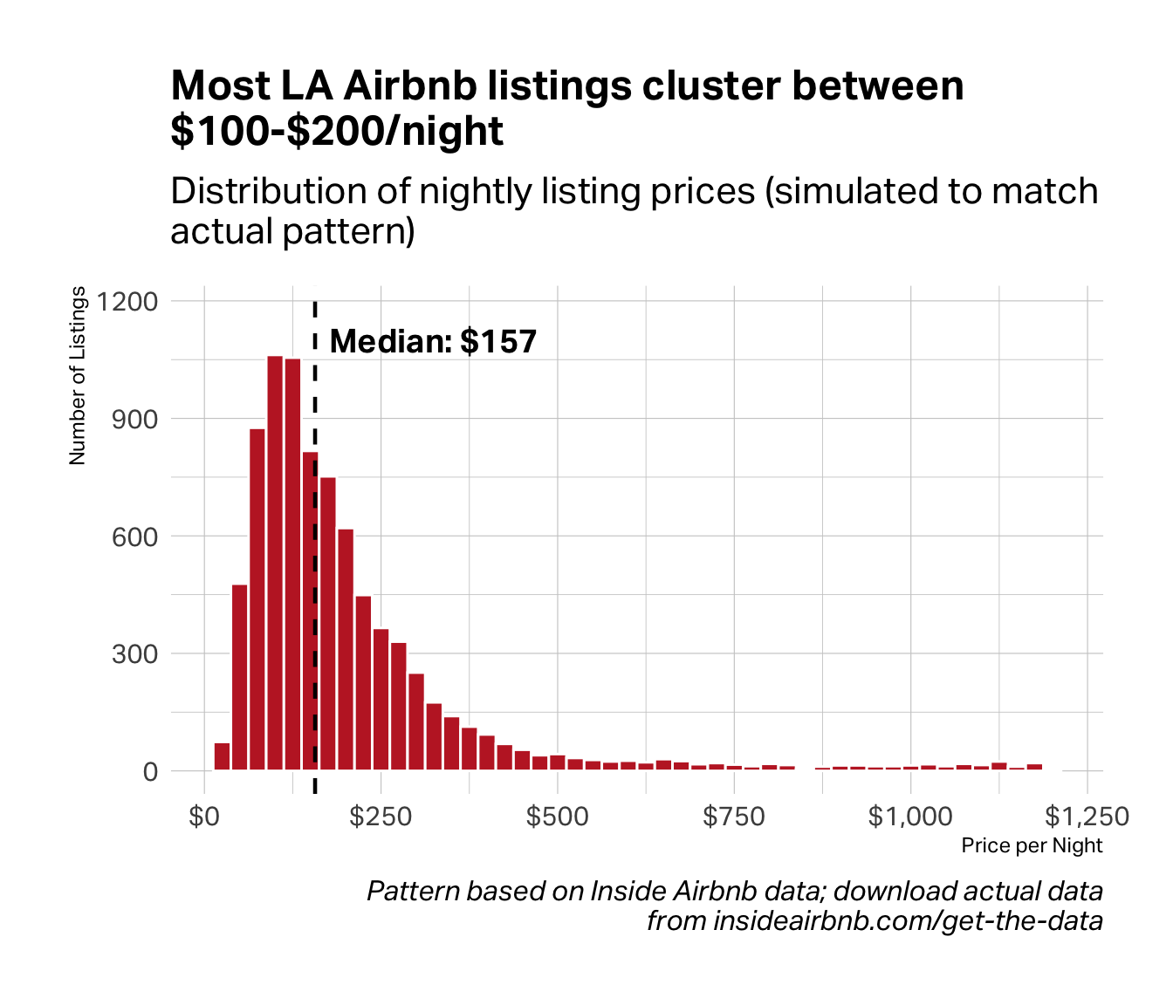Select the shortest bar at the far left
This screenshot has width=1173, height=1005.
click(x=222, y=756)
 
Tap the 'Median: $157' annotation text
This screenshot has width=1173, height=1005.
click(x=433, y=341)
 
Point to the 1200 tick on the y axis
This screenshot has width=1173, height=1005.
click(x=128, y=302)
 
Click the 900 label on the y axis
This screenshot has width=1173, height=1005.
click(x=134, y=420)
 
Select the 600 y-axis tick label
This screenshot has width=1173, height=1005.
click(x=134, y=537)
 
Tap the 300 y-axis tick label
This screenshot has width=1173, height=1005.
click(x=134, y=654)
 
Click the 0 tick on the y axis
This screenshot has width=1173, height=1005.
click(x=150, y=772)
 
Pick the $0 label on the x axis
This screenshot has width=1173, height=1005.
click(x=204, y=817)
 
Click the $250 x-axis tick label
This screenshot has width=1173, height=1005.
click(x=381, y=817)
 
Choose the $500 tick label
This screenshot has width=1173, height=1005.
click(x=558, y=817)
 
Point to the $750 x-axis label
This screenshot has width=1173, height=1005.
click(x=734, y=817)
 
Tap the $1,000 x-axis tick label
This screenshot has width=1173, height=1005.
click(x=910, y=817)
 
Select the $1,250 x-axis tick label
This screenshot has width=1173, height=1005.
click(x=1087, y=817)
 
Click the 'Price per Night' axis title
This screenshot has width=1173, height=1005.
click(x=1032, y=845)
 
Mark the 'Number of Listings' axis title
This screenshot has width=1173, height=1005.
click(x=78, y=375)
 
